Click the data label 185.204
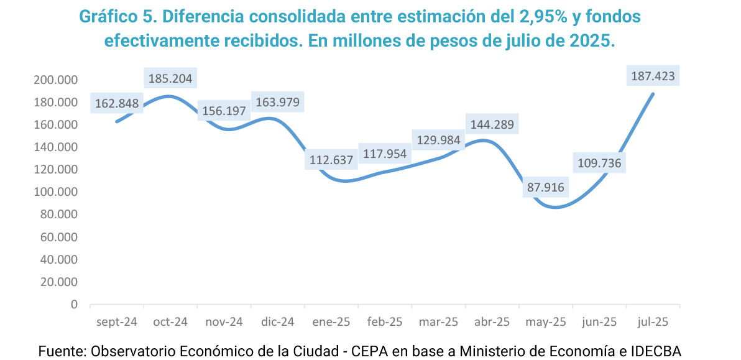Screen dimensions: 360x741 (x=170, y=79)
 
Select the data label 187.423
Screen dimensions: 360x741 (x=653, y=76)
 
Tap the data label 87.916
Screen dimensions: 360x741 (x=546, y=187)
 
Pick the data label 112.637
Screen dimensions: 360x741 (x=331, y=160)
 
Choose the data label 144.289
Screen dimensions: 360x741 (x=492, y=124)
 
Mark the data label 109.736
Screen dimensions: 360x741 (x=599, y=164)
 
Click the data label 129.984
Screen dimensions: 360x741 (x=438, y=141)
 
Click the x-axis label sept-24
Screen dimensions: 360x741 (x=116, y=322)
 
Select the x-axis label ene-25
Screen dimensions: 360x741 (x=331, y=322)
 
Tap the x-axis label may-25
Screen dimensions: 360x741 (x=546, y=322)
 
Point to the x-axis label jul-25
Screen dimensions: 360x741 (x=653, y=322)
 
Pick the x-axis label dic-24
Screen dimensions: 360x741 (x=278, y=322)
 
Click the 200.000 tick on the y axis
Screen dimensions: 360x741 (x=57, y=80)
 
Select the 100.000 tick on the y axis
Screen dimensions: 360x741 (x=57, y=192)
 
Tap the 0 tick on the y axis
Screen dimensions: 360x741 (x=74, y=305)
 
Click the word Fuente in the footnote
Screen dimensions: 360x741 (x=61, y=351)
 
